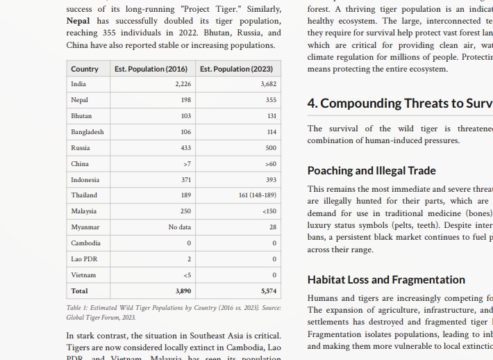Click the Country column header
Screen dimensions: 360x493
tap(85, 69)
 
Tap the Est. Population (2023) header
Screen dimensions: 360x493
tap(236, 69)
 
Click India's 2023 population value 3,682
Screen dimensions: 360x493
tap(268, 84)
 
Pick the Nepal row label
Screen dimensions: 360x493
tap(79, 100)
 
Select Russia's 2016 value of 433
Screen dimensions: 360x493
tap(185, 148)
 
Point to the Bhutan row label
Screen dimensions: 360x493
tap(81, 116)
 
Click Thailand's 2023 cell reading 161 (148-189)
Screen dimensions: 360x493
tap(257, 195)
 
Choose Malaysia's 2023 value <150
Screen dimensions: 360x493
tap(269, 211)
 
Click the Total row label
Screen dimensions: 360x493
tap(79, 291)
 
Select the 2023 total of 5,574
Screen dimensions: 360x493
tap(269, 291)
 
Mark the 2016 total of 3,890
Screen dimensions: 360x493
tap(183, 291)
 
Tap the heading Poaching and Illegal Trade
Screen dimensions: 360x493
tap(371, 170)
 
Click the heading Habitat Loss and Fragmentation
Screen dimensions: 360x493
tap(386, 279)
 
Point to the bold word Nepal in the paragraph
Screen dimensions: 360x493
tap(78, 21)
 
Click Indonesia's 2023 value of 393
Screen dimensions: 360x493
tap(271, 180)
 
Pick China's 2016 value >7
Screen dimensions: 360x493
tap(187, 164)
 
